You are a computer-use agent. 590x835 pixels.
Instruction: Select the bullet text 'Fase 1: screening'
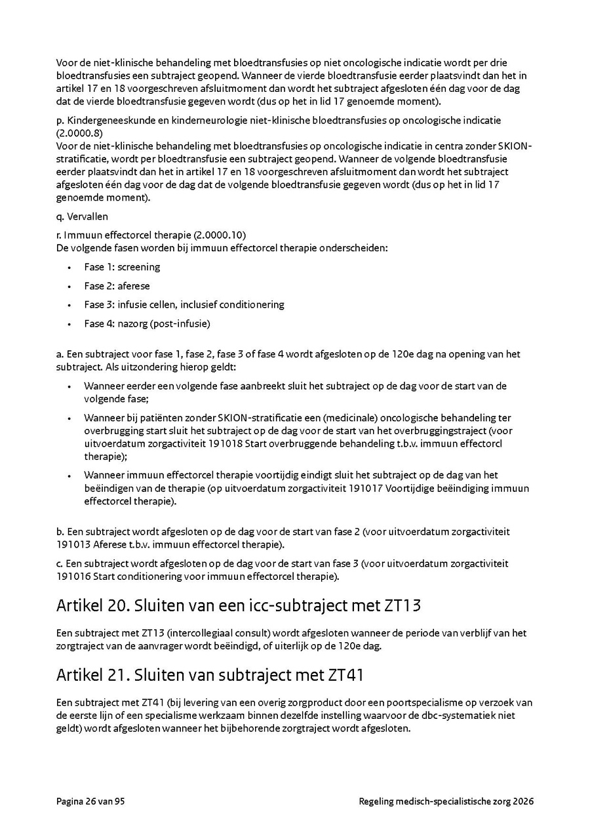point(122,267)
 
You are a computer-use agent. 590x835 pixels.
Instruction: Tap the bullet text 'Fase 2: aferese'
point(117,286)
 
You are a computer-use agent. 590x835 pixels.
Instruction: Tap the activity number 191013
point(73,544)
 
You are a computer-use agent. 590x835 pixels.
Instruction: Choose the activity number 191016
point(73,576)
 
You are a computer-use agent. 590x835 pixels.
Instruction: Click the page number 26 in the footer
point(91,801)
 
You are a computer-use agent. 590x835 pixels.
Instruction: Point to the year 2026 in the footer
point(523,801)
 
